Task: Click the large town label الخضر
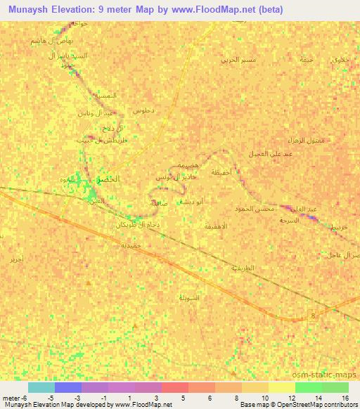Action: (108, 179)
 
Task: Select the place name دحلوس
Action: (143, 111)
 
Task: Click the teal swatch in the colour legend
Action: (41, 387)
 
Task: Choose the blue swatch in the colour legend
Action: (68, 387)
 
